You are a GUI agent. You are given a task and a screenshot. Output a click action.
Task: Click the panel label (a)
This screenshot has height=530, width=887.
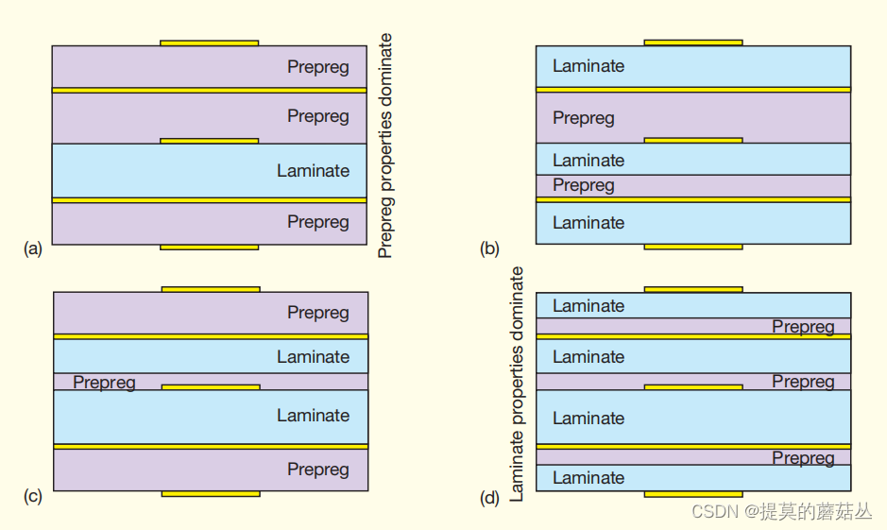pyautogui.click(x=33, y=248)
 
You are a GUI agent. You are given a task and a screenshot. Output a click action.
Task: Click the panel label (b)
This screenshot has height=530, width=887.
pyautogui.click(x=489, y=248)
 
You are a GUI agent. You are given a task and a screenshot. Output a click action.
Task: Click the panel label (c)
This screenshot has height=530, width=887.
pyautogui.click(x=33, y=496)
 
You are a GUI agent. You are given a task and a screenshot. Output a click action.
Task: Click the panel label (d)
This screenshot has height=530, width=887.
pyautogui.click(x=489, y=497)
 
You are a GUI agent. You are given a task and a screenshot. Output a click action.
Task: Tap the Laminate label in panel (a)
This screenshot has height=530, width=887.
pyautogui.click(x=313, y=171)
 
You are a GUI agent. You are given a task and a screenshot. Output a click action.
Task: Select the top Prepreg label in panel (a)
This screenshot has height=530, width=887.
pyautogui.click(x=318, y=67)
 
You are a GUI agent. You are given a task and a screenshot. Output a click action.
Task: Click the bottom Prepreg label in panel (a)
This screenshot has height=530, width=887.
pyautogui.click(x=318, y=222)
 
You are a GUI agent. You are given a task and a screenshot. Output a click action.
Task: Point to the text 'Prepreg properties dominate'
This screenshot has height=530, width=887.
pyautogui.click(x=385, y=145)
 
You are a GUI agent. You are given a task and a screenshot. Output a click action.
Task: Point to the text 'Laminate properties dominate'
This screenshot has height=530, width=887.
pyautogui.click(x=517, y=384)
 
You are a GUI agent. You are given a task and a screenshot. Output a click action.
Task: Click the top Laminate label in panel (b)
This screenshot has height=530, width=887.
pyautogui.click(x=588, y=66)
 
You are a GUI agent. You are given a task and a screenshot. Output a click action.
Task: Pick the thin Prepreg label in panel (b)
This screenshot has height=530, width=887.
pyautogui.click(x=584, y=185)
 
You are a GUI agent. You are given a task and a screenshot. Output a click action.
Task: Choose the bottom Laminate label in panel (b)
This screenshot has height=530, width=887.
pyautogui.click(x=588, y=223)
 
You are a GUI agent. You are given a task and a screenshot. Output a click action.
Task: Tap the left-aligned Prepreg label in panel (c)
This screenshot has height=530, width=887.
pyautogui.click(x=104, y=383)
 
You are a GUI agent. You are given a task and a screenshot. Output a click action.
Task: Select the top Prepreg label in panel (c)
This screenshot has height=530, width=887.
pyautogui.click(x=318, y=313)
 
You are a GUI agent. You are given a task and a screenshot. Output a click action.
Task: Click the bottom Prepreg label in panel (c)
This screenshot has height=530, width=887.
pyautogui.click(x=318, y=470)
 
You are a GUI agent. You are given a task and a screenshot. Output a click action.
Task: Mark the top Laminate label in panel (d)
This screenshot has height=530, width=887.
pyautogui.click(x=588, y=306)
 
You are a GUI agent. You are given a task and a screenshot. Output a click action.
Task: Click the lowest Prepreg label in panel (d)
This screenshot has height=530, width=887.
pyautogui.click(x=803, y=458)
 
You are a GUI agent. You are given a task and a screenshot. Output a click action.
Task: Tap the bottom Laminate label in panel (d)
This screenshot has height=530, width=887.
pyautogui.click(x=588, y=478)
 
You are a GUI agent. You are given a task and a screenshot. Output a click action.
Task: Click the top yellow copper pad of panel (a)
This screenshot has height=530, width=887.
pyautogui.click(x=209, y=43)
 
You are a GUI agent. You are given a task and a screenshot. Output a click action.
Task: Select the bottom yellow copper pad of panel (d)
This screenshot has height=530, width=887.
pyautogui.click(x=693, y=494)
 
